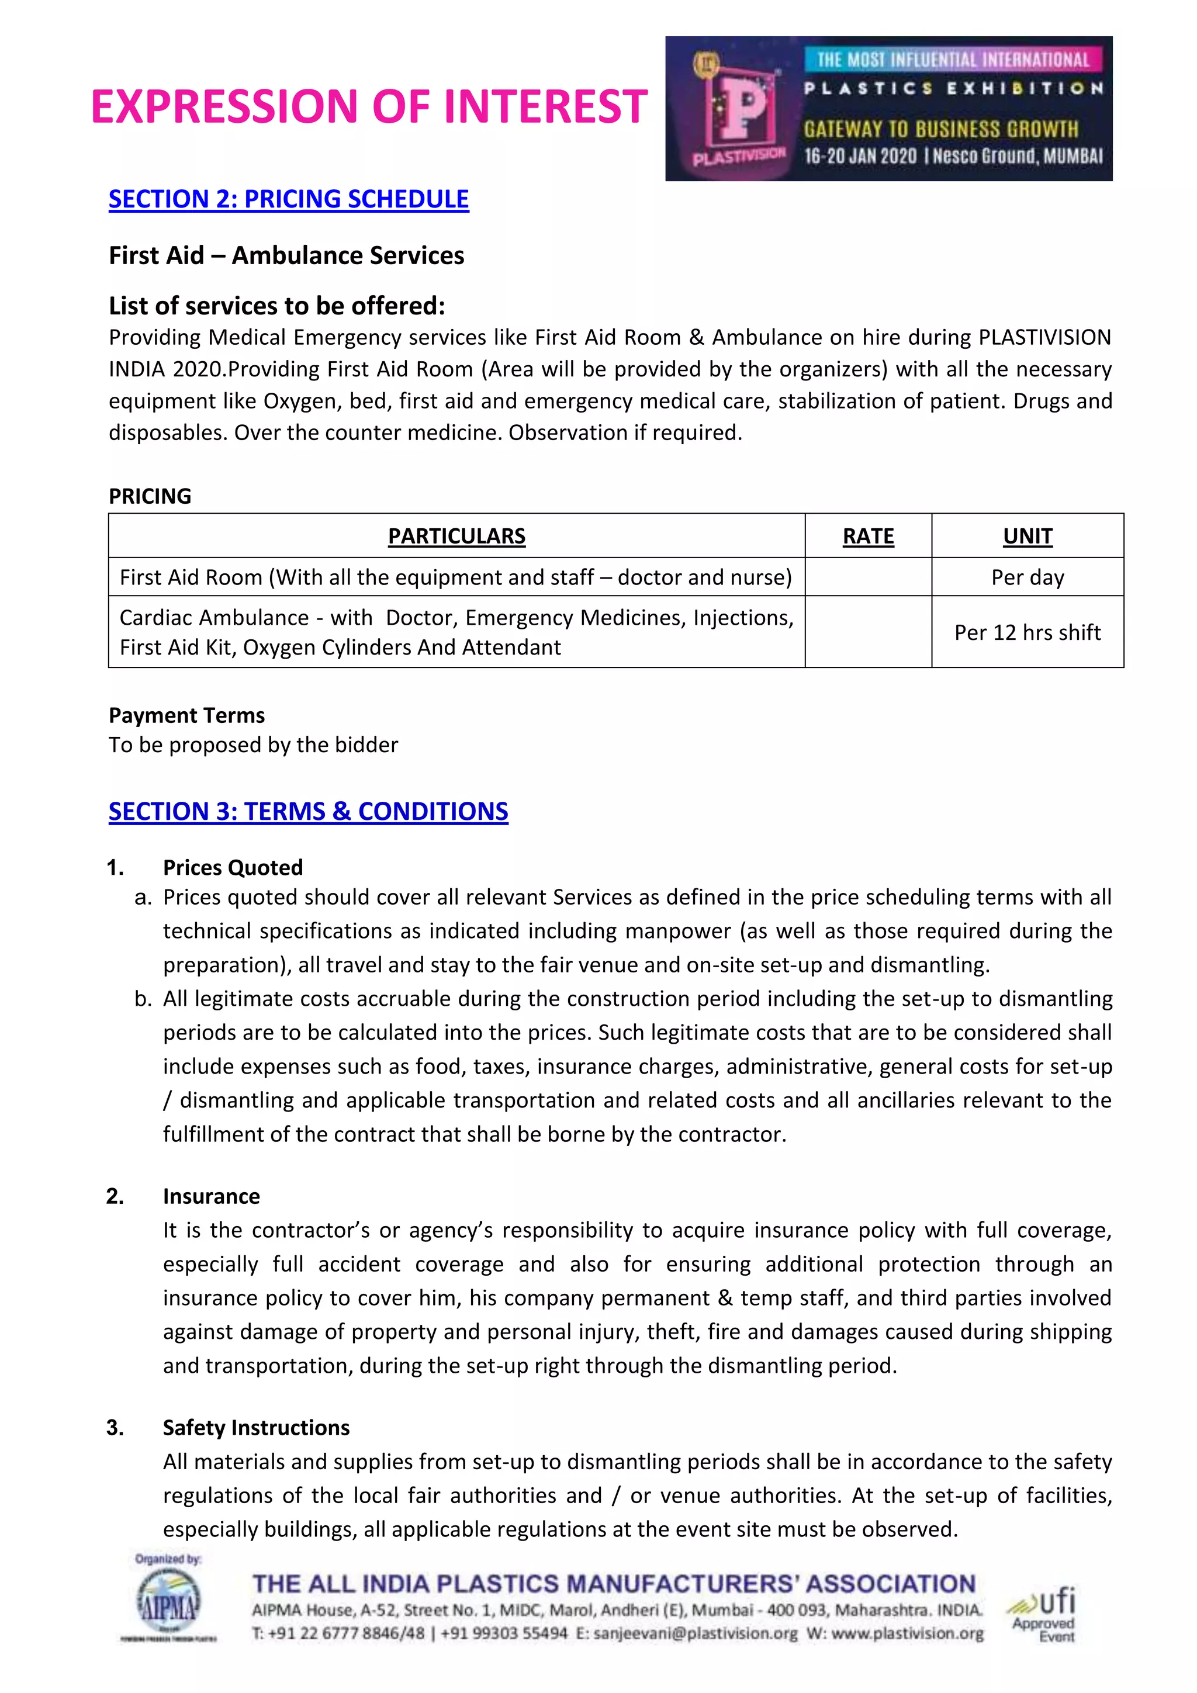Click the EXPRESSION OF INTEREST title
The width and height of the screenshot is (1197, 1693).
click(x=369, y=106)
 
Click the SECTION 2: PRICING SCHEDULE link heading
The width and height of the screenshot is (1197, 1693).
click(x=288, y=199)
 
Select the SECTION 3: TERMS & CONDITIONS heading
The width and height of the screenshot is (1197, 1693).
click(x=308, y=811)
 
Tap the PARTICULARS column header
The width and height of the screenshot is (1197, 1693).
click(x=456, y=536)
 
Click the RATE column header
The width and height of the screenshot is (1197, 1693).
click(x=868, y=536)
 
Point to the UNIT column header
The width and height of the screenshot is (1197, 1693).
click(x=1028, y=536)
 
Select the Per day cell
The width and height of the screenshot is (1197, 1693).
click(x=1028, y=577)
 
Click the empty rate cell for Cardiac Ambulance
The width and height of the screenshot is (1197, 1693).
click(x=868, y=632)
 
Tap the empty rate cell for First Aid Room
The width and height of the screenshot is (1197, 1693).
click(x=868, y=577)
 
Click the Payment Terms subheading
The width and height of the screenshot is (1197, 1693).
click(x=186, y=715)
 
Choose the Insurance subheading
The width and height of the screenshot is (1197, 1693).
click(x=212, y=1196)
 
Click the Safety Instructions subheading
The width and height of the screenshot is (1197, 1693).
click(x=256, y=1428)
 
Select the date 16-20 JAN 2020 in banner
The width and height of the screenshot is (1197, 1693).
click(x=860, y=156)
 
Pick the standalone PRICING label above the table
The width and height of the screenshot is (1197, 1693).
click(x=150, y=496)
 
